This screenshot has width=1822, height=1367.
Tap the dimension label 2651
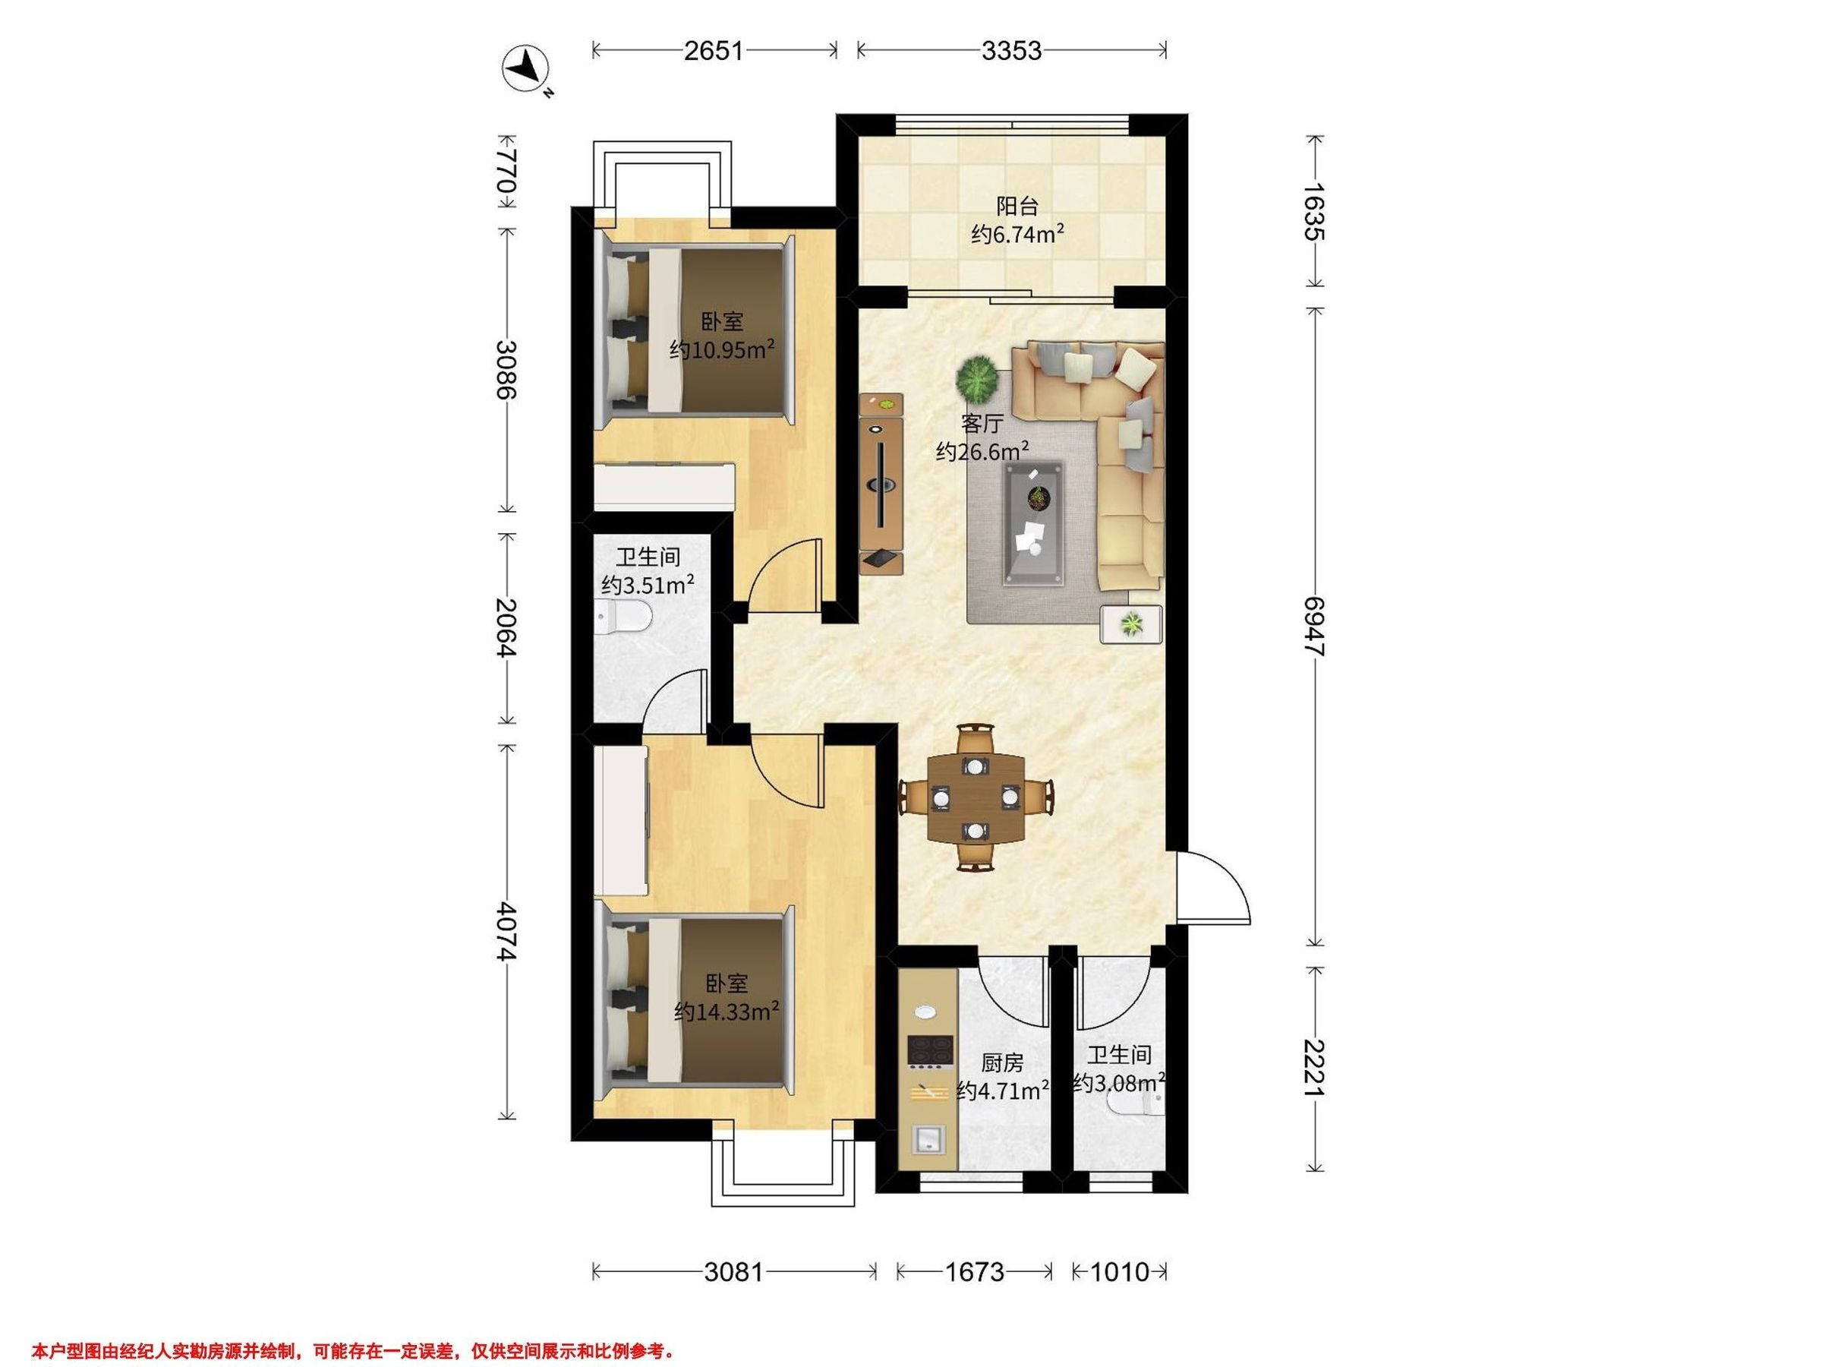(714, 51)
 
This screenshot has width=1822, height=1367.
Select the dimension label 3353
(1011, 51)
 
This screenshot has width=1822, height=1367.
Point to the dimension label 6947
(1316, 627)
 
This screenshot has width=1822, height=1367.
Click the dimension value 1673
(975, 1272)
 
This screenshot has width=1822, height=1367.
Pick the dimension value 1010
(1120, 1272)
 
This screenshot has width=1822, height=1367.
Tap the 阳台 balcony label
(1017, 206)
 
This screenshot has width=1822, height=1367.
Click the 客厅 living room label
(982, 424)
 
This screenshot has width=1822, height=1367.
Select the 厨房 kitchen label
(1002, 1063)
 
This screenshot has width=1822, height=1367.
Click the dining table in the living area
(976, 797)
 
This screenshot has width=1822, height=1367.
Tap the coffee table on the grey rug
(1033, 523)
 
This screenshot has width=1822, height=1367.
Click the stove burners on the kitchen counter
(930, 1051)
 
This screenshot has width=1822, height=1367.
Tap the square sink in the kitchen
(929, 1140)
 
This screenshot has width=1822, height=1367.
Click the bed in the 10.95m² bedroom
(695, 331)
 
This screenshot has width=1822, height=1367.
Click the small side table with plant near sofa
(1132, 624)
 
